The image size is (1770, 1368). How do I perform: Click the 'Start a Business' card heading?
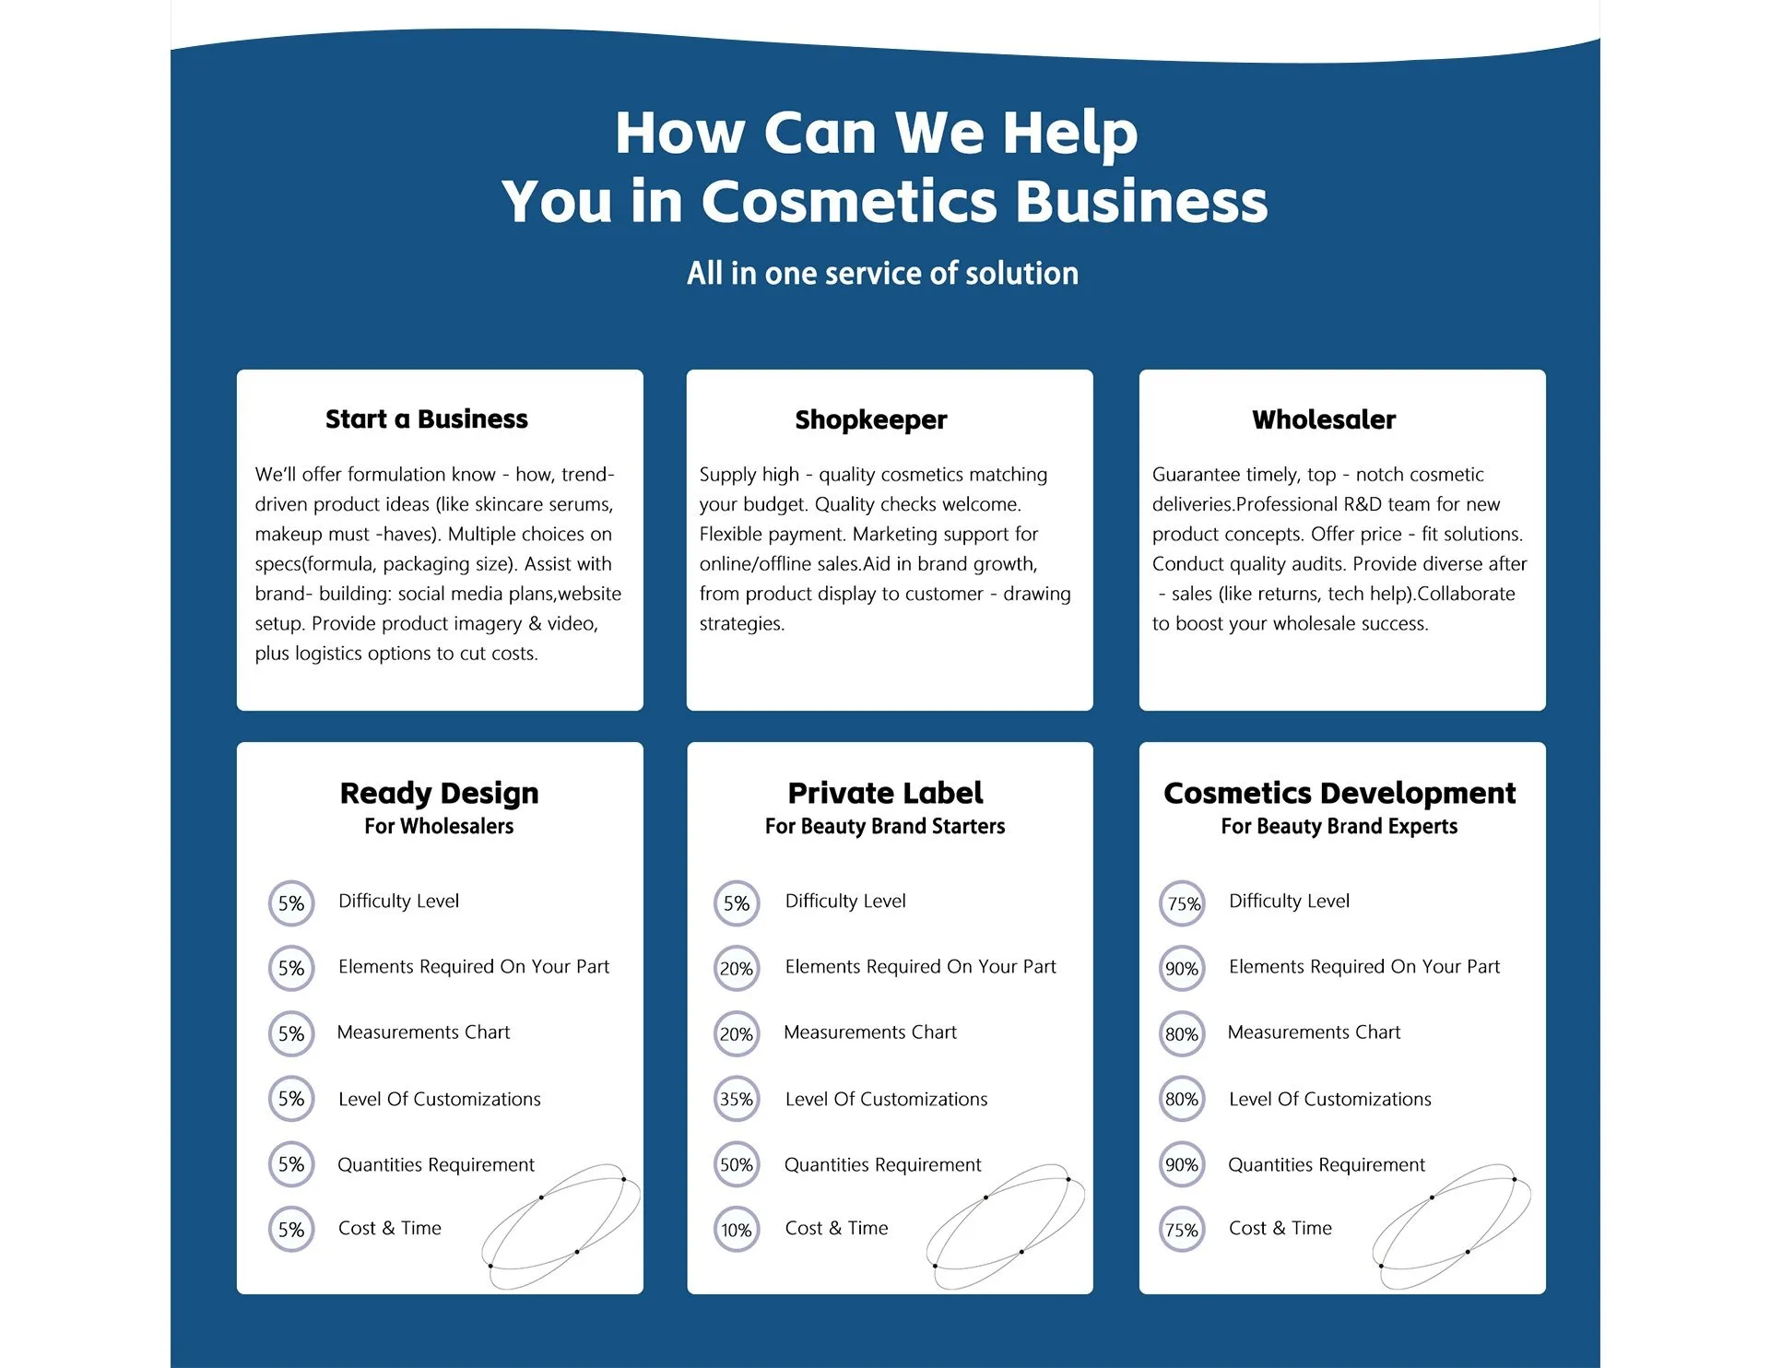[x=427, y=419]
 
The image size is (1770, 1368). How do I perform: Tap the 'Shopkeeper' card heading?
[x=871, y=420]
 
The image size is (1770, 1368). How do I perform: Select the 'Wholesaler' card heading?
[x=1324, y=419]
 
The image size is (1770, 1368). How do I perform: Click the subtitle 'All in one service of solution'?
[x=882, y=273]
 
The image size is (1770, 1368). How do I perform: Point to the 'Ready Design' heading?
[x=439, y=794]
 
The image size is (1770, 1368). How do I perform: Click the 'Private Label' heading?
[x=885, y=793]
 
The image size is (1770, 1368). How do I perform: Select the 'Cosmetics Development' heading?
[x=1339, y=794]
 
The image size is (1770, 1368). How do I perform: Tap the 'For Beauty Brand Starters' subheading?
[x=885, y=826]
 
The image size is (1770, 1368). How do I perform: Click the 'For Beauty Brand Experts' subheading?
[x=1339, y=826]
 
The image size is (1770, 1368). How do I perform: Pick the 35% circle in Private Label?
[x=737, y=1099]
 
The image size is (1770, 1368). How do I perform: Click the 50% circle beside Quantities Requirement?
[x=737, y=1164]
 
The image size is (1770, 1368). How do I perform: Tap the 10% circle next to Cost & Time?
[x=737, y=1230]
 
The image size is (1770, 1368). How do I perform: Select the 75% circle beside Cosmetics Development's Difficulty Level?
[x=1183, y=903]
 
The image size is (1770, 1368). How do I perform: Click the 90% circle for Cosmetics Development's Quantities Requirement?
[x=1182, y=1164]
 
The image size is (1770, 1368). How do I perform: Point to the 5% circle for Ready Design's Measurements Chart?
[x=291, y=1033]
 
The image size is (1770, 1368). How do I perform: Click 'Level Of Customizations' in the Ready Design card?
[x=440, y=1099]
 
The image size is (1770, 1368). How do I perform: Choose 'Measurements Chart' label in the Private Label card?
[x=870, y=1032]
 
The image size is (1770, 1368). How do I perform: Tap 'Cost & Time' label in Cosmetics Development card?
[x=1280, y=1228]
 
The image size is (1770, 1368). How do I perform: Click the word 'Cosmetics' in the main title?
[x=849, y=201]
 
